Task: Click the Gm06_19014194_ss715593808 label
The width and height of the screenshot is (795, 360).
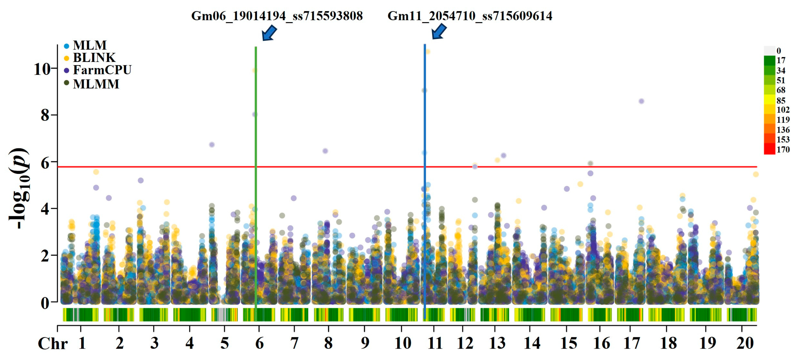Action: (x=277, y=16)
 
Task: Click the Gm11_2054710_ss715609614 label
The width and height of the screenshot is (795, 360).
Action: (x=470, y=16)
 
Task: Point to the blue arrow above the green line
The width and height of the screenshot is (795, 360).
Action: (x=269, y=32)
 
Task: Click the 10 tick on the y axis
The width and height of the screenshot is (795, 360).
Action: (x=42, y=69)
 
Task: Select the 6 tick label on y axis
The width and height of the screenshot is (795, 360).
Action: (x=45, y=163)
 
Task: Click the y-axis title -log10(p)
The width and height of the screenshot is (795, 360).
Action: (x=19, y=188)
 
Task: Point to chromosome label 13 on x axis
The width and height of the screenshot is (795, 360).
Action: (x=497, y=343)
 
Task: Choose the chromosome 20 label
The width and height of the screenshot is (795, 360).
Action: (x=745, y=343)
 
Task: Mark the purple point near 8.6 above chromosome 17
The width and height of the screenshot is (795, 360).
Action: (x=641, y=101)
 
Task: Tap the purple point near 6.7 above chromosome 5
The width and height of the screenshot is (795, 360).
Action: (x=212, y=145)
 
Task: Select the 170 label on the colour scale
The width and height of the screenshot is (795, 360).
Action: (x=783, y=150)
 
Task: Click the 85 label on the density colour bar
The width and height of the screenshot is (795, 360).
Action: (x=781, y=100)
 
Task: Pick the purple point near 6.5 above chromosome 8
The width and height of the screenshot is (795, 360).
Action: (x=325, y=151)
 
